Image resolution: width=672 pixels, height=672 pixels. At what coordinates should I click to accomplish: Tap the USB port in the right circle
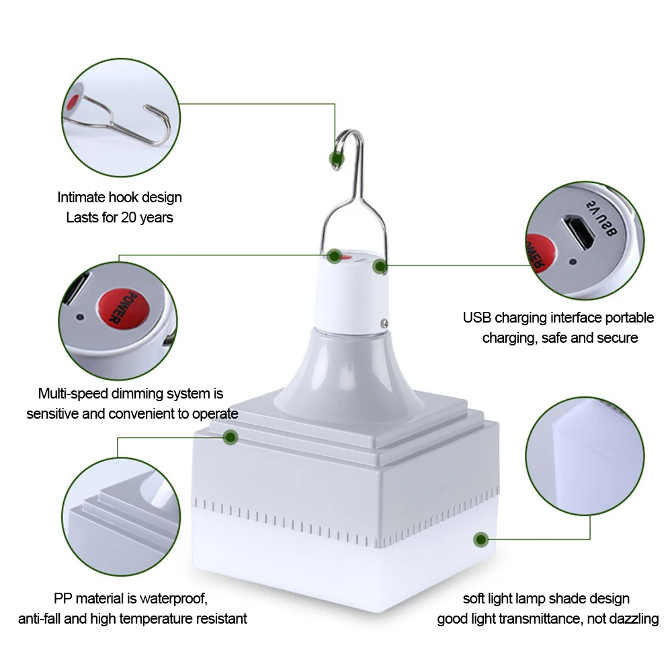[577, 233]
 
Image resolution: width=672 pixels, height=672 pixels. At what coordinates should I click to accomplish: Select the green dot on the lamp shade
[480, 539]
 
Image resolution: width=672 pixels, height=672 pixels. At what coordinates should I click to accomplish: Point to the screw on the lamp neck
[384, 323]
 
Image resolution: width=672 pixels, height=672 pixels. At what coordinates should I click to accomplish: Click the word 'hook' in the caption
[119, 198]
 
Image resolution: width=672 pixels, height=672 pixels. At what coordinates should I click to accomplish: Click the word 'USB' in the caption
[477, 317]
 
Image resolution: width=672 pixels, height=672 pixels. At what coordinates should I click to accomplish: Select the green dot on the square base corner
[230, 437]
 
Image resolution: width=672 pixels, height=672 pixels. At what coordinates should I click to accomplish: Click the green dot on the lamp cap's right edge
[380, 267]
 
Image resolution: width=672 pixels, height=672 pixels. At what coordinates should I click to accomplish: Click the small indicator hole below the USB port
[573, 262]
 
